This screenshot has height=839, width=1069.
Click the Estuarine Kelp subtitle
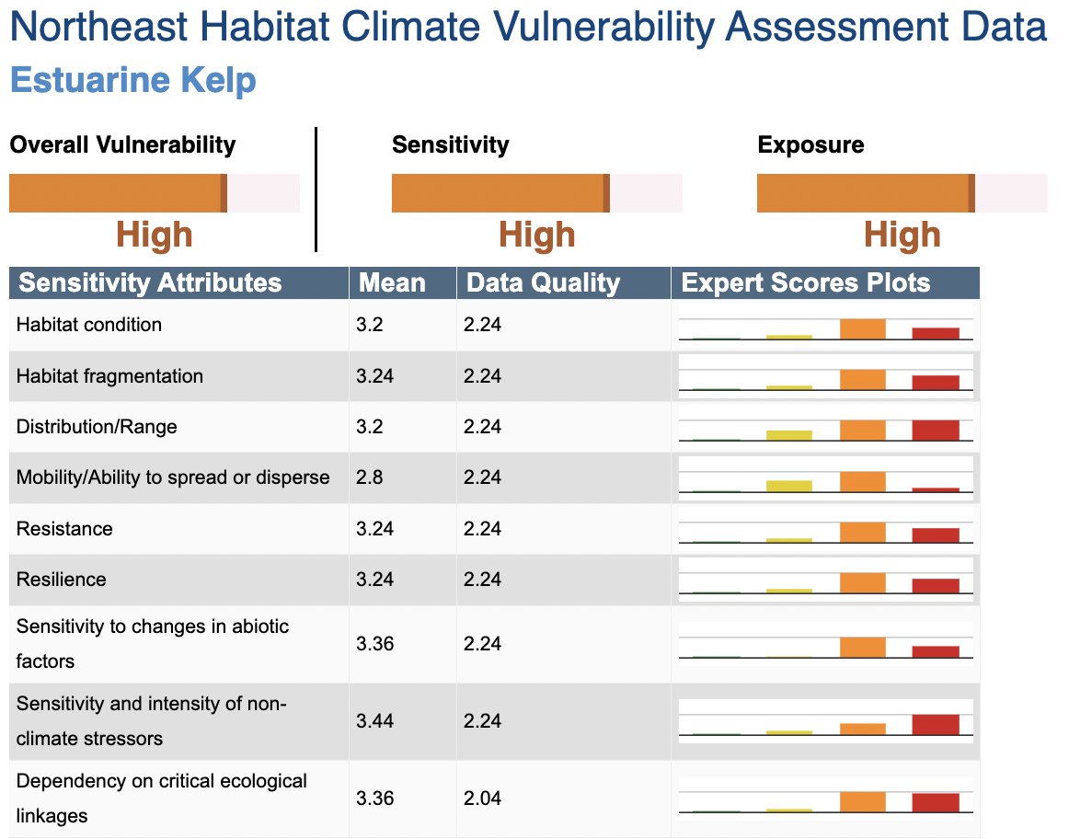pos(132,80)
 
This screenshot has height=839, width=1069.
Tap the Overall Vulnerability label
pos(122,144)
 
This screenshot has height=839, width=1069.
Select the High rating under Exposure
pos(902,236)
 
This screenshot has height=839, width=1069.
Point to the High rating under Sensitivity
pos(536,236)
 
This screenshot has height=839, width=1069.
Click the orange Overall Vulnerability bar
pos(117,193)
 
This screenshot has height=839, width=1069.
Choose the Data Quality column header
pos(543,282)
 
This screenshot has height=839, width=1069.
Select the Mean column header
pos(392,282)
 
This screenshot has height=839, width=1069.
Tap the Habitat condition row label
pos(89,325)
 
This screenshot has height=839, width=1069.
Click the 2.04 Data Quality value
pos(482,798)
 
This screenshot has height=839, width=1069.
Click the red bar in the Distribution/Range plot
pos(936,431)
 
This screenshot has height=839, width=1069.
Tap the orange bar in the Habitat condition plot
pos(863,329)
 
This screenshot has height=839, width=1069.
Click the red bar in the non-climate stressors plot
pos(936,724)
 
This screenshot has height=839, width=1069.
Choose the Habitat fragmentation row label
pos(109,375)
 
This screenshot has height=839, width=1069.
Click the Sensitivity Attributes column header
pos(150,282)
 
